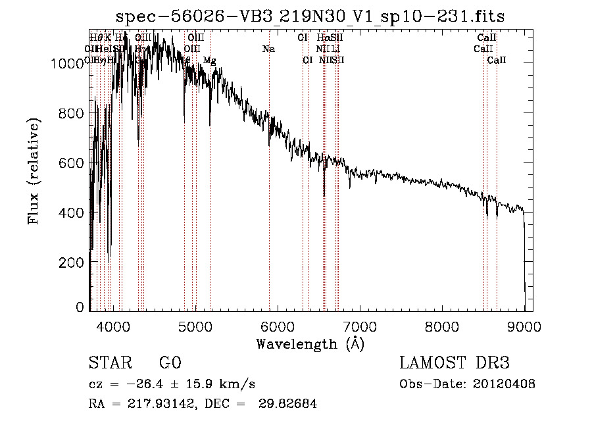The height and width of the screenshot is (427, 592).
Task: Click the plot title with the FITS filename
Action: coord(310,16)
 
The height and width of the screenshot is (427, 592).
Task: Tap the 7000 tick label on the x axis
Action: coord(359,325)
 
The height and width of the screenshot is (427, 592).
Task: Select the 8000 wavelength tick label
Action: coord(442,325)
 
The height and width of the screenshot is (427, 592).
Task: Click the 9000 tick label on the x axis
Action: coord(524,325)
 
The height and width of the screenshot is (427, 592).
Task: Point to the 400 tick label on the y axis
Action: coord(74,213)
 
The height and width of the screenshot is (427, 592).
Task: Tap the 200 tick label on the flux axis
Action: coord(74,263)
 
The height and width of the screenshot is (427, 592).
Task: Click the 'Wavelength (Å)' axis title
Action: coord(310,343)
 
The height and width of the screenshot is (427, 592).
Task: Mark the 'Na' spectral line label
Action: coord(268,49)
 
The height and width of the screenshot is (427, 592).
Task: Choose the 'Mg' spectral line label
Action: coord(209,61)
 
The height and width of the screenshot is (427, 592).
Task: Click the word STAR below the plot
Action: coord(109,363)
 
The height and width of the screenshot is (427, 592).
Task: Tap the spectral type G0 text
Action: coord(170,363)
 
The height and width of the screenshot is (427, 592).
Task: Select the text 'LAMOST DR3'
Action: coord(455,363)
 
